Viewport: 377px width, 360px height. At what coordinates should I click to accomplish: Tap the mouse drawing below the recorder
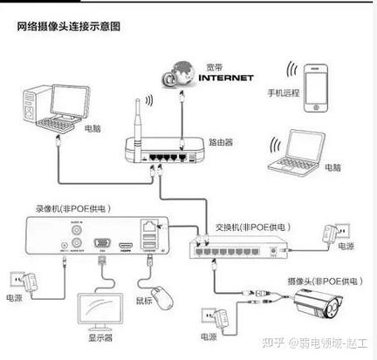(159, 293)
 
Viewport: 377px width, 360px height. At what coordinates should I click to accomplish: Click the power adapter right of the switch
(332, 234)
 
